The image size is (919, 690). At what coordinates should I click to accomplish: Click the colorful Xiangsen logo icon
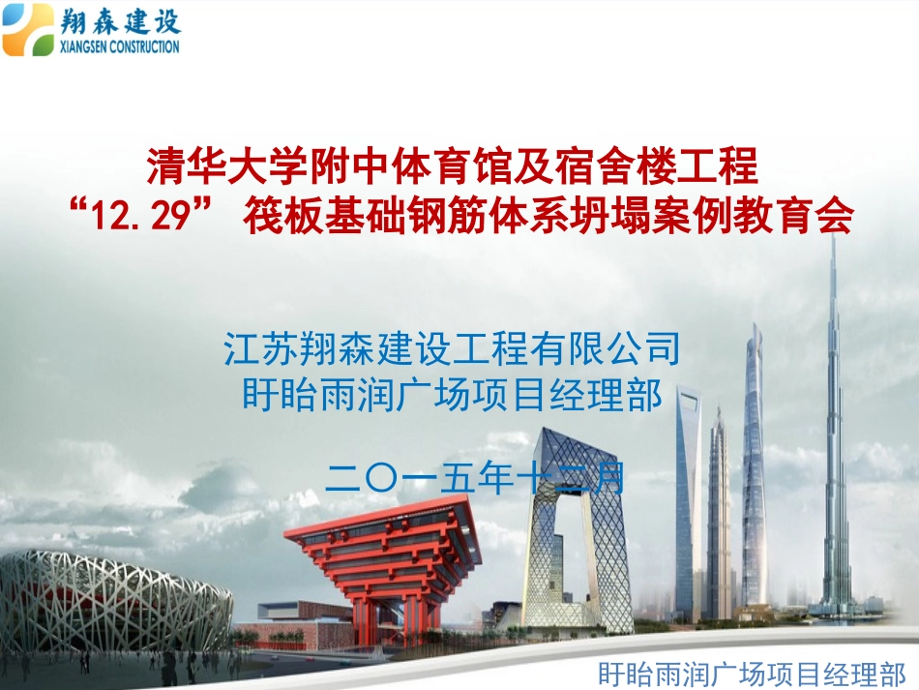29,29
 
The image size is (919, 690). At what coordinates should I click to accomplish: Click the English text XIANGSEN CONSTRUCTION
120,46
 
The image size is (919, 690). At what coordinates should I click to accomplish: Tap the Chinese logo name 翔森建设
120,19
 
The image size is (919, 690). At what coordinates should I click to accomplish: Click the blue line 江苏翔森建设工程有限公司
453,348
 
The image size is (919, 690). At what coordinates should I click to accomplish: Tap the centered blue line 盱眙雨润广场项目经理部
453,395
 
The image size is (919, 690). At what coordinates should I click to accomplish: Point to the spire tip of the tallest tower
833,242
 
